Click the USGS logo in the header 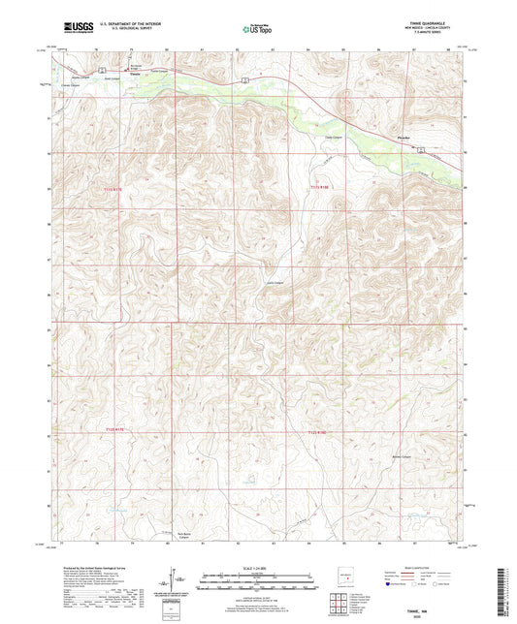[77, 28]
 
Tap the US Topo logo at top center [257, 29]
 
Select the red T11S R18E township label [321, 185]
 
